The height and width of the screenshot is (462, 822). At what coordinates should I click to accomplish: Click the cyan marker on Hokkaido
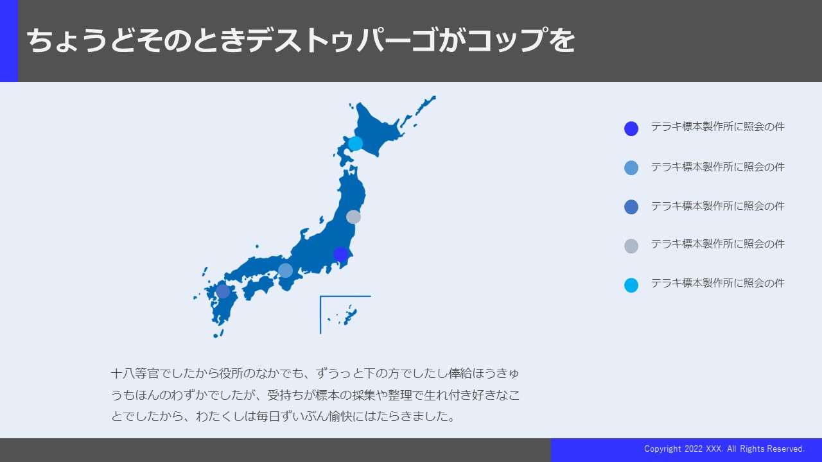pyautogui.click(x=355, y=143)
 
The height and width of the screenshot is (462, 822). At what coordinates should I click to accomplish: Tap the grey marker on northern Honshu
pyautogui.click(x=353, y=217)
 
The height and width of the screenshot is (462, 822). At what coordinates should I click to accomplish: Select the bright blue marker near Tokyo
pyautogui.click(x=340, y=254)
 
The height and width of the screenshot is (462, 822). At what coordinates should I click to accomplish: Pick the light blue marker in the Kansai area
pyautogui.click(x=285, y=271)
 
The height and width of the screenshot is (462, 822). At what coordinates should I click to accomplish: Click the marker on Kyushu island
pyautogui.click(x=223, y=291)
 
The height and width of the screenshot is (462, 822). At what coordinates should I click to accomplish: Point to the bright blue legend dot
pyautogui.click(x=631, y=129)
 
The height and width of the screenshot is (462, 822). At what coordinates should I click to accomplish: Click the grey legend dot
pyautogui.click(x=631, y=246)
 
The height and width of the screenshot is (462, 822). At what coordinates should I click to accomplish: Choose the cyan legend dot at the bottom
pyautogui.click(x=631, y=286)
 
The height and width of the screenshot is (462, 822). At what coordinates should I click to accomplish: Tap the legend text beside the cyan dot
pyautogui.click(x=718, y=283)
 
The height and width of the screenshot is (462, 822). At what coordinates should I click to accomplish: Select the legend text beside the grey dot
pyautogui.click(x=718, y=244)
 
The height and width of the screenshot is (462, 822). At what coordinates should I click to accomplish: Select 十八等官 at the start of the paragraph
pyautogui.click(x=135, y=373)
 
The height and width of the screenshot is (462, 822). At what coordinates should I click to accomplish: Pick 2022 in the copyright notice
pyautogui.click(x=693, y=449)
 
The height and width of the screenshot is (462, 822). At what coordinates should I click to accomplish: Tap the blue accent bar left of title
pyautogui.click(x=9, y=40)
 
